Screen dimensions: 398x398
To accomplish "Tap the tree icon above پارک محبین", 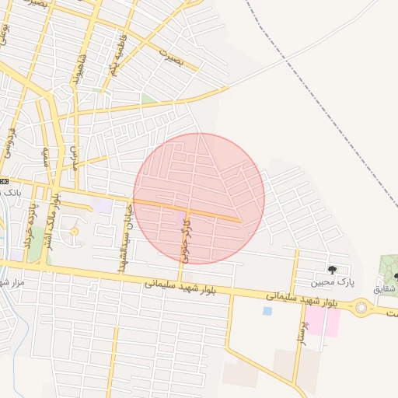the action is pyautogui.click(x=333, y=270).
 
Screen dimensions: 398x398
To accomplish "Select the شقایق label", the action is pyautogui.click(x=386, y=288).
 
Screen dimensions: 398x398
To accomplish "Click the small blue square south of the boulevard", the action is pyautogui.click(x=267, y=311).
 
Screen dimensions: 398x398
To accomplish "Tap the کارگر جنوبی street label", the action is pyautogui.click(x=185, y=238).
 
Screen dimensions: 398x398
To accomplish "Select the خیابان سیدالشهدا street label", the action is pyautogui.click(x=122, y=237).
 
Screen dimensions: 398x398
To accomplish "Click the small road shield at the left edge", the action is pyautogui.click(x=4, y=180).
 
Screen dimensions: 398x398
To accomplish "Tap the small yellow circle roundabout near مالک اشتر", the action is pyautogui.click(x=75, y=231).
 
